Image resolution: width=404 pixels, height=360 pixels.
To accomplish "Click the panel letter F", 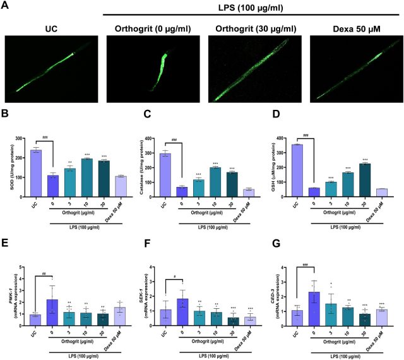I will tap(140, 244).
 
